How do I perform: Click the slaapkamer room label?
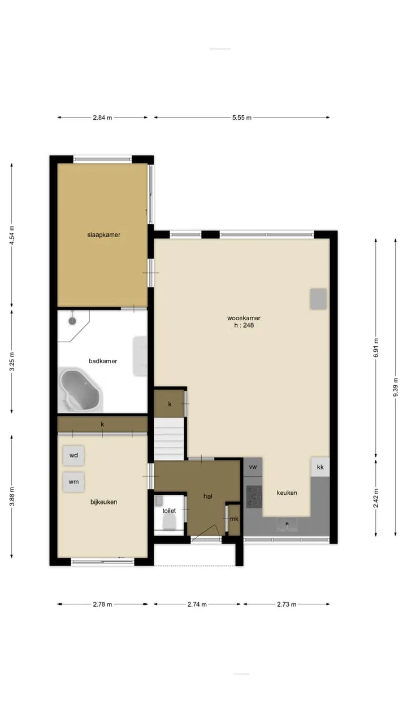click(103, 235)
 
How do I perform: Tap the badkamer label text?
click(103, 361)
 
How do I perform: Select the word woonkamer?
click(244, 318)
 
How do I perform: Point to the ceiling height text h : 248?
click(244, 325)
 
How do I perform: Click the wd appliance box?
click(73, 455)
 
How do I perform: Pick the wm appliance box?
click(73, 482)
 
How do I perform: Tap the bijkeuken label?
click(103, 502)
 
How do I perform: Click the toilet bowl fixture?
click(168, 521)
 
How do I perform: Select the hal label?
click(207, 496)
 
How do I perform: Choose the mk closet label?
click(234, 519)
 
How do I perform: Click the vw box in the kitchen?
click(253, 467)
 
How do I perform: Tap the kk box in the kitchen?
click(320, 467)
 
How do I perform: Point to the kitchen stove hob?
click(254, 496)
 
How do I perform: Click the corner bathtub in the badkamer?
click(80, 390)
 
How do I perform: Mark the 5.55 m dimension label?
click(241, 118)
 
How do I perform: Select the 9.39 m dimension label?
click(395, 387)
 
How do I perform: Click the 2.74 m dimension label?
click(197, 604)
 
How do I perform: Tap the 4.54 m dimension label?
click(12, 235)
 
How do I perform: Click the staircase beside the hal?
click(168, 439)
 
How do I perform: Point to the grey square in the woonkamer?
click(318, 299)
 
